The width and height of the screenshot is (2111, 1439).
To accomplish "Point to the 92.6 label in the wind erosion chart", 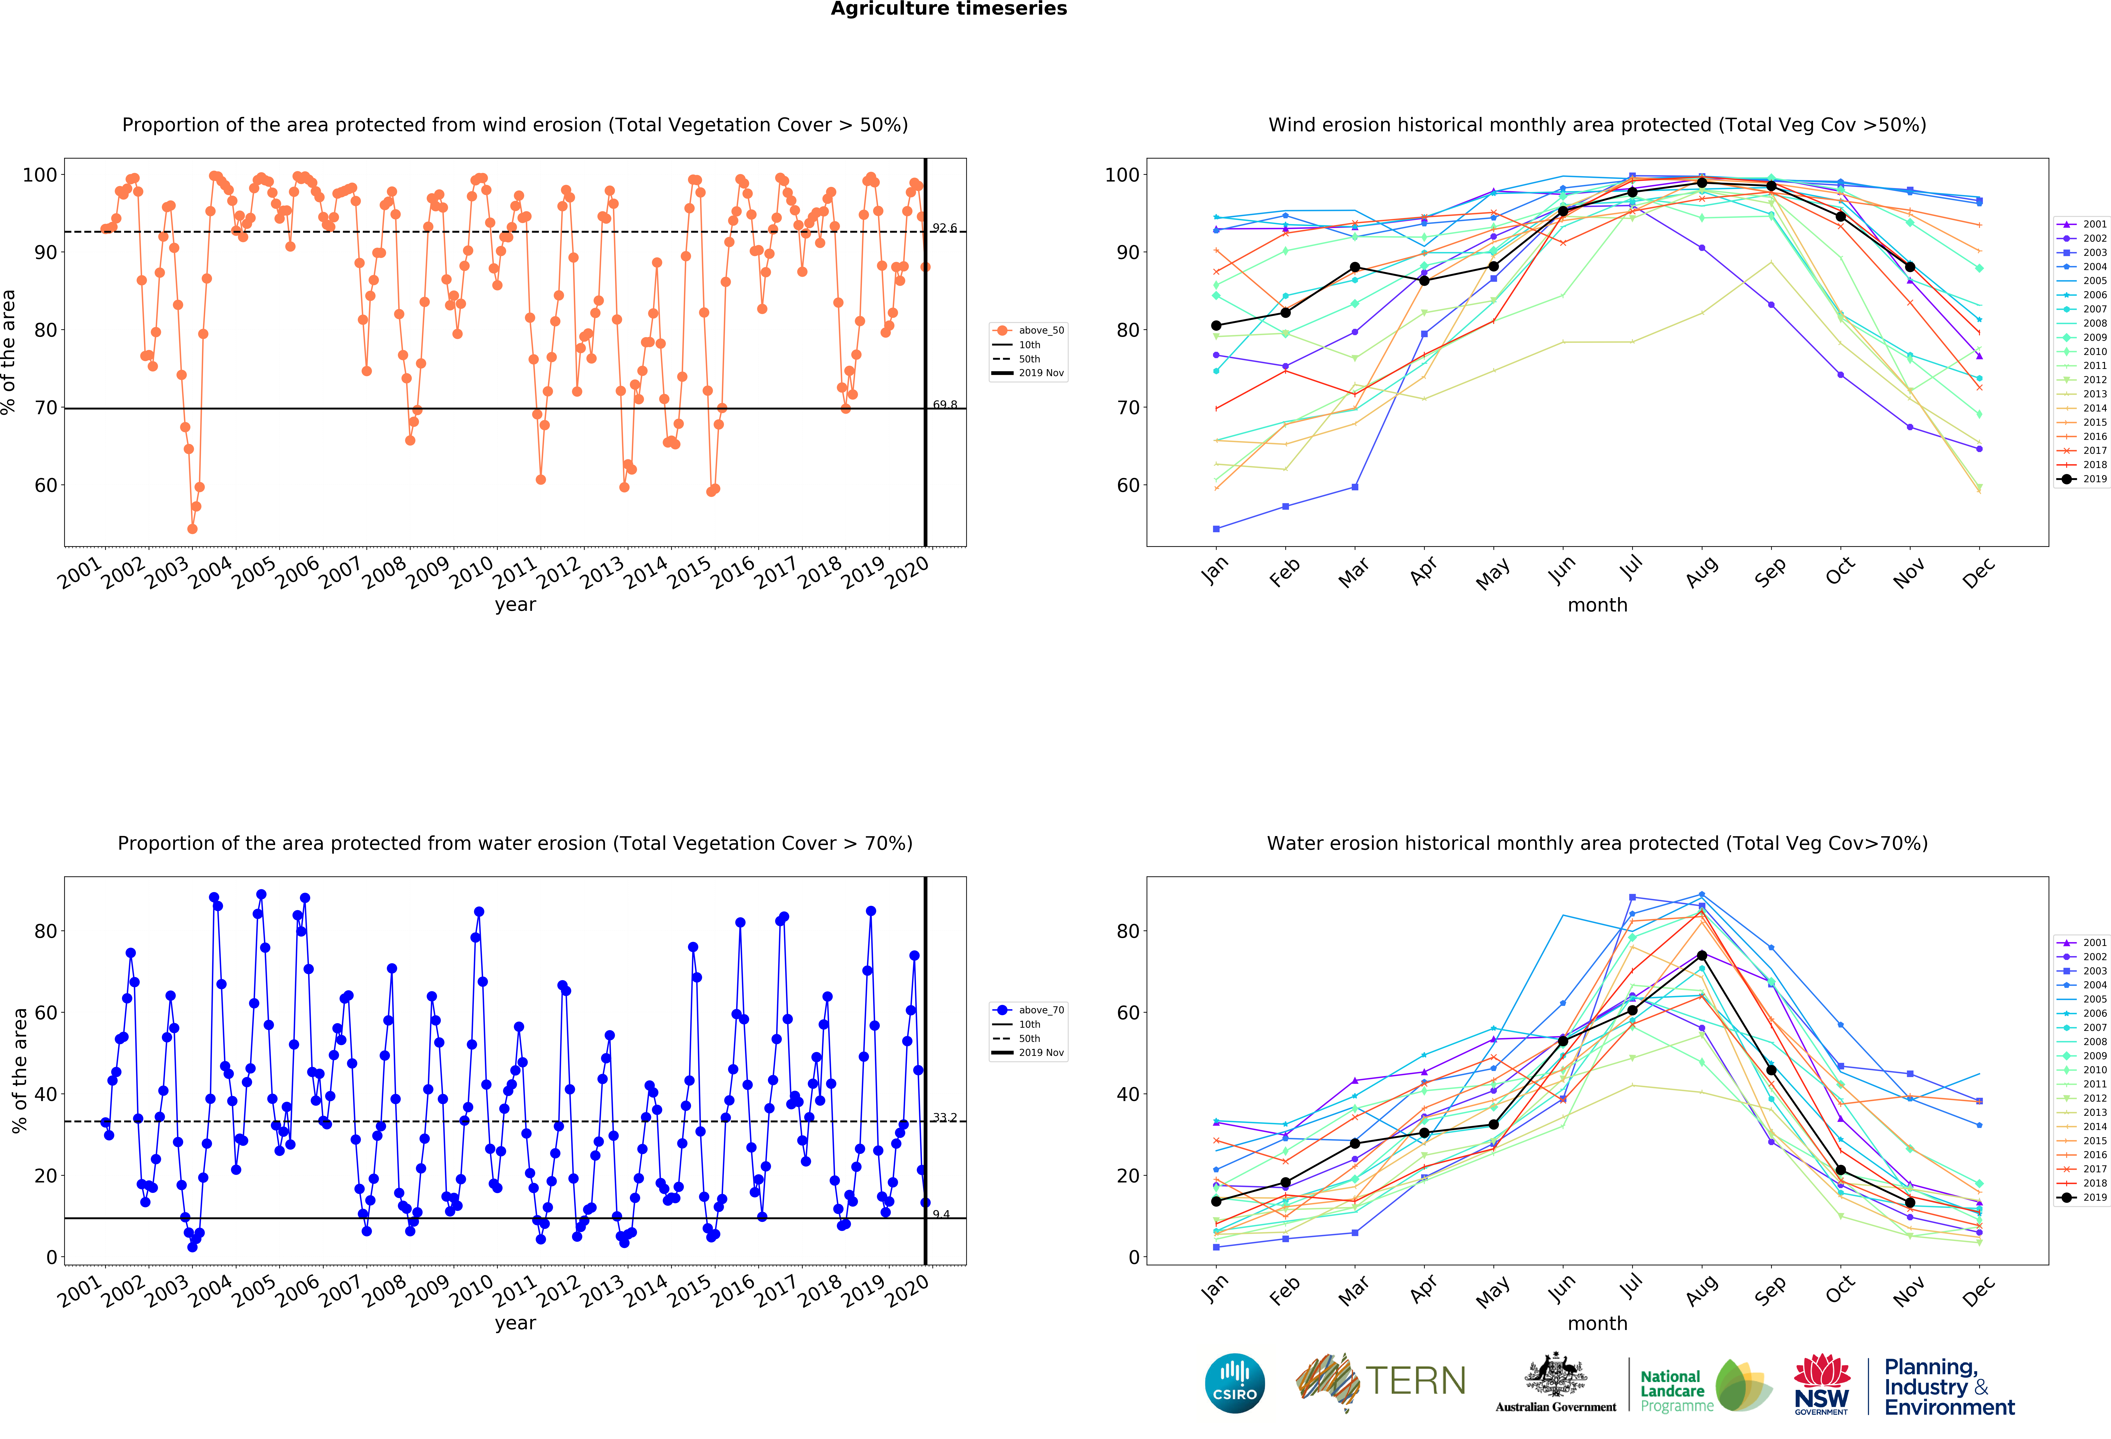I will (945, 228).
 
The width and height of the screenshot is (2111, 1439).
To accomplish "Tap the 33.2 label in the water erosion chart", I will (945, 1117).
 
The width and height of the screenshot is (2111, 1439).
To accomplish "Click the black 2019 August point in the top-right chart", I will (1701, 183).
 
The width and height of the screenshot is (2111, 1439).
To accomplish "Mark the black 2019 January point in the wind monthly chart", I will (1216, 325).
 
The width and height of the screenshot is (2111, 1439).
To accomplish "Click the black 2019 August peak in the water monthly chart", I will (1701, 956).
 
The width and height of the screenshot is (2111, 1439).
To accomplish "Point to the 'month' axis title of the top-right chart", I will (1597, 605).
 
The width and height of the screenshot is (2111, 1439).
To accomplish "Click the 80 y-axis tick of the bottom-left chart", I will (45, 931).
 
